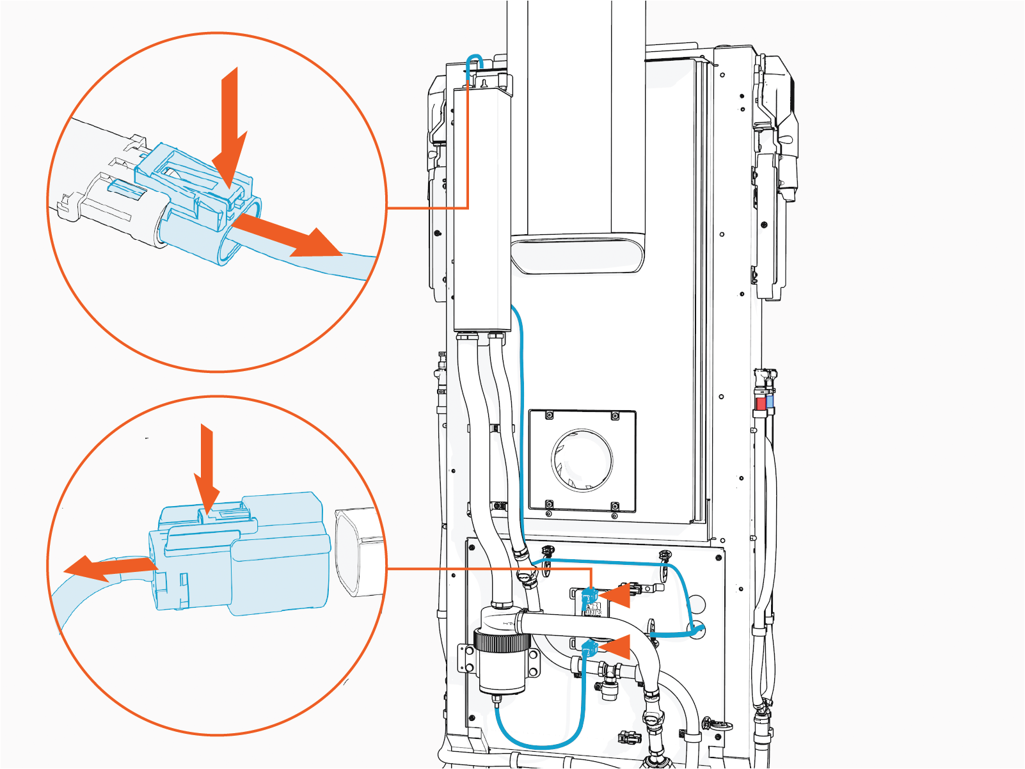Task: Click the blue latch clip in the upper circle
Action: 192,179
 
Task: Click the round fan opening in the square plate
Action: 582,460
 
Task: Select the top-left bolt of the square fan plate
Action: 549,416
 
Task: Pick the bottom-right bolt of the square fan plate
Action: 615,506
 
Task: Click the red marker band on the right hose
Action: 760,403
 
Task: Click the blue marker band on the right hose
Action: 770,401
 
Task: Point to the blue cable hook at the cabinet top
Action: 474,61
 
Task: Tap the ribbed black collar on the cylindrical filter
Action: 502,641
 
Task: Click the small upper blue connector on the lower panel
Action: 589,596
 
